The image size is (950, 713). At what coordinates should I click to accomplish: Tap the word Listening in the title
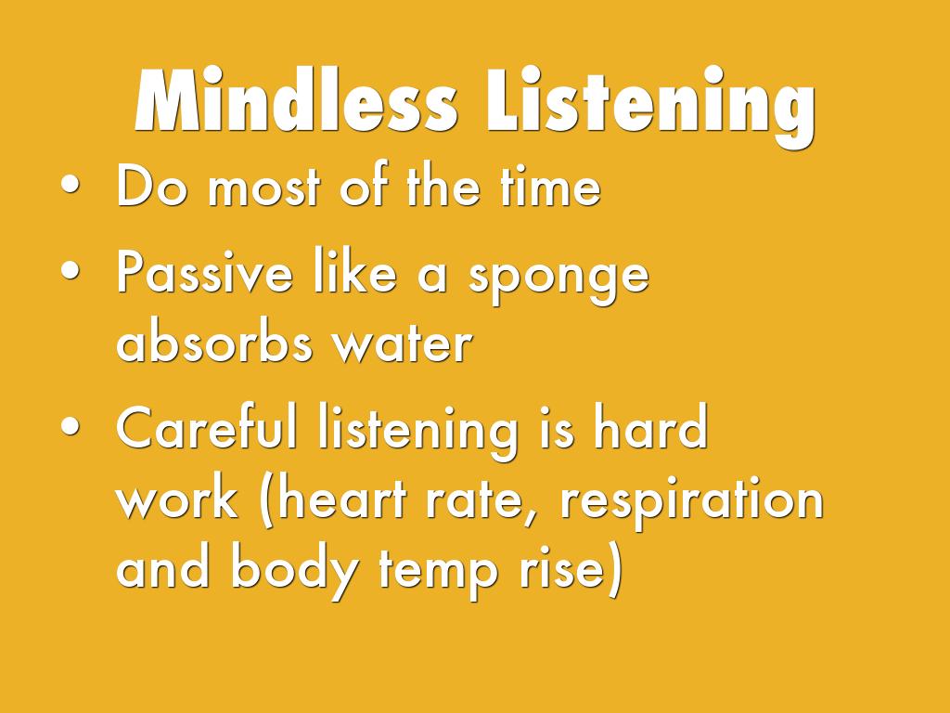646,105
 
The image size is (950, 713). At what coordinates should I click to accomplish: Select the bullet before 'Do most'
71,188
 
